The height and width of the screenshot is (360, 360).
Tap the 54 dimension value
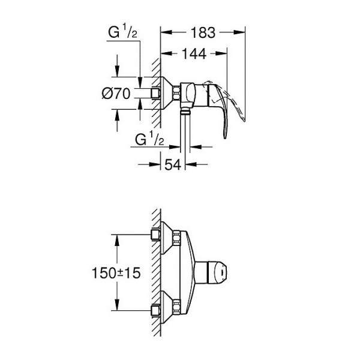(174, 164)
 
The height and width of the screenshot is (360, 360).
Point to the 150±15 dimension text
(116, 272)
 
